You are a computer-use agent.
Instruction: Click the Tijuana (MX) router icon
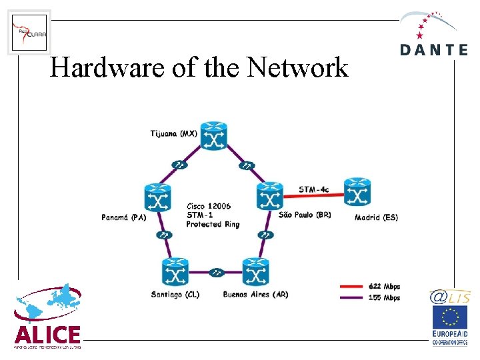[214, 136]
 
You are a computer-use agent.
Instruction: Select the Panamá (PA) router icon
[158, 198]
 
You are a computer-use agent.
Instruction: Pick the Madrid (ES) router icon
[358, 193]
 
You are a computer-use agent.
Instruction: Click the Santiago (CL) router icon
[175, 273]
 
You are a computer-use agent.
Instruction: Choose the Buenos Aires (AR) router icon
[255, 273]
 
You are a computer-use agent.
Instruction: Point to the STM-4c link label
[314, 189]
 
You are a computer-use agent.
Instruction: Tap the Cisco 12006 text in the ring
[209, 207]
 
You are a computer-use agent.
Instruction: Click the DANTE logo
[433, 33]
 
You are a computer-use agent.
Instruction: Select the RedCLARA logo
[29, 33]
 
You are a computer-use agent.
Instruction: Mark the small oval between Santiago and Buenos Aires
[215, 272]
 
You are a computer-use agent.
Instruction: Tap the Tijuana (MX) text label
[173, 133]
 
